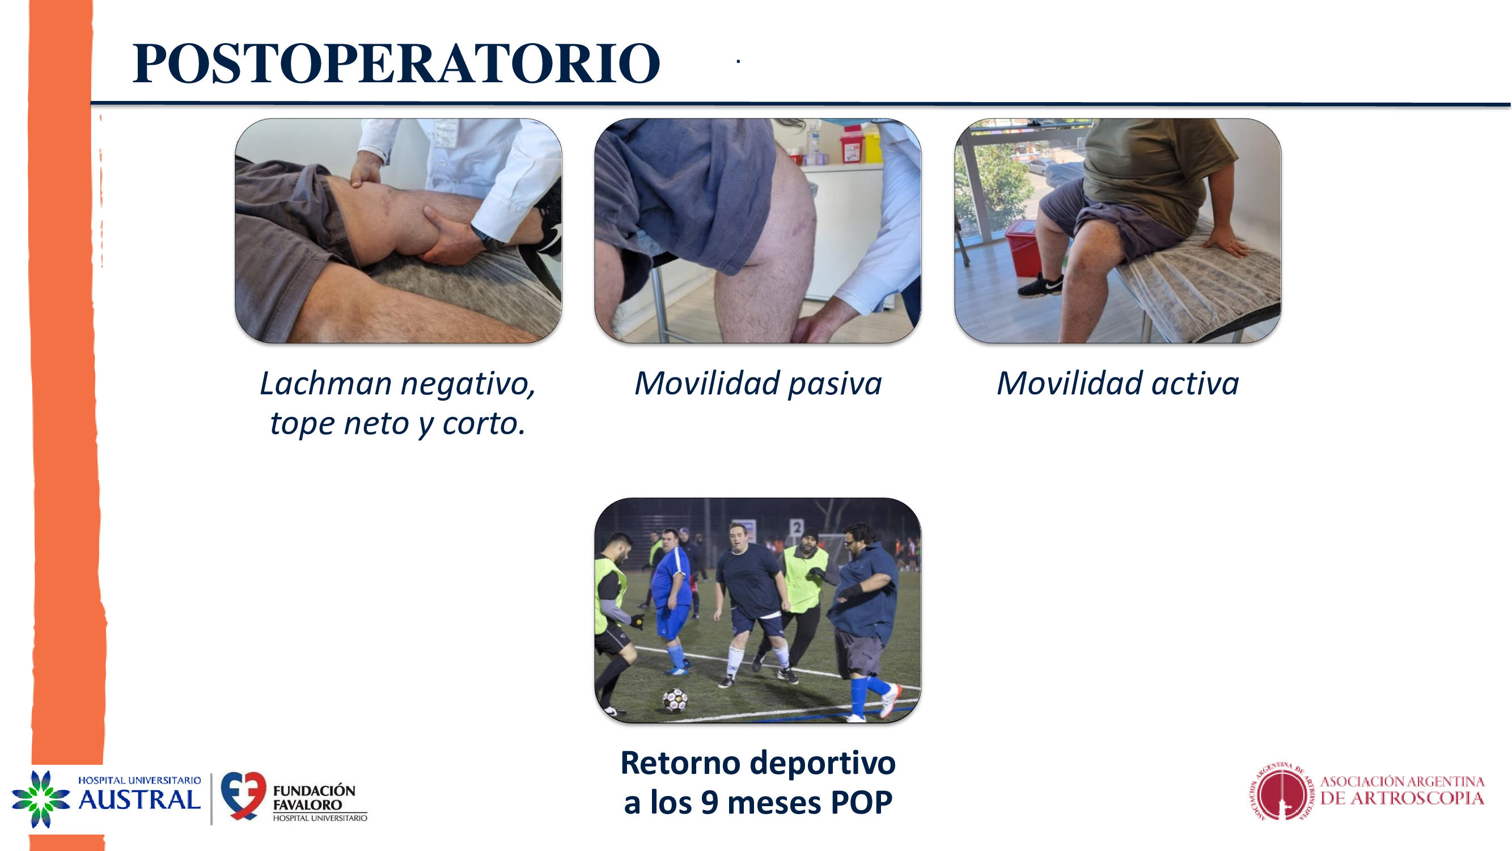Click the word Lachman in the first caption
coord(326,384)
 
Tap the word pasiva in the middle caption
coord(835,384)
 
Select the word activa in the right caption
coord(1195,384)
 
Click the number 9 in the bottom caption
coord(710,802)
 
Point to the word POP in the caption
coord(861,802)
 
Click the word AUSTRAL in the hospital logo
coord(139,799)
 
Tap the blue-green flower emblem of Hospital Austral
coord(40,799)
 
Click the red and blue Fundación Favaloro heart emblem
coord(243,795)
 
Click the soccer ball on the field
coord(675,699)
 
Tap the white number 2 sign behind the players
coord(796,528)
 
